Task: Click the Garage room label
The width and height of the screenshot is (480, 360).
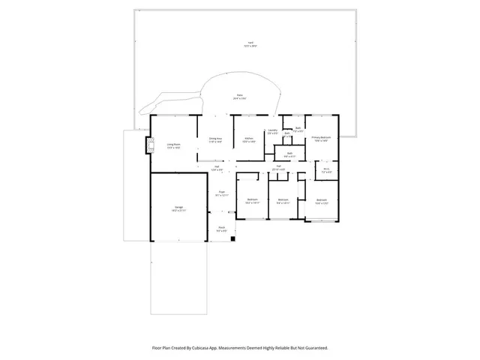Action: pos(179,207)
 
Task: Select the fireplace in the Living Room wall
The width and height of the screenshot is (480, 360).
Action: pos(147,146)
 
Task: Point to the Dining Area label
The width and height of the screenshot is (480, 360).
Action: pos(214,139)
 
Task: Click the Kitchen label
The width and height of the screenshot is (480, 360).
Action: pos(248,139)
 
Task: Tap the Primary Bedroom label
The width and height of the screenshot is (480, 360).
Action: pos(321,139)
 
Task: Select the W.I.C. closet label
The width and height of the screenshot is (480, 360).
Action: pos(326,170)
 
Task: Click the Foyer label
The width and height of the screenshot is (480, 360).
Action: pos(222,193)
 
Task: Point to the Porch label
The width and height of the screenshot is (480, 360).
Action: pos(222,229)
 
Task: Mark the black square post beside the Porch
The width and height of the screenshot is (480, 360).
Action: pos(233,239)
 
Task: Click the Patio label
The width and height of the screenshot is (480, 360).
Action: pos(239,96)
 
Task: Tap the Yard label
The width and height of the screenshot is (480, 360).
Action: pos(244,44)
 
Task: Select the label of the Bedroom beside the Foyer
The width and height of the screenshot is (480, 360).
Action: pos(252,200)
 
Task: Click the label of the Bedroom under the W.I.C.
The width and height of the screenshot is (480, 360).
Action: pos(321,200)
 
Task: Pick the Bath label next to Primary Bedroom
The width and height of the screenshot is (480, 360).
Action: pos(298,128)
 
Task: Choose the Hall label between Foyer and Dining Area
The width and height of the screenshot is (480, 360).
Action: pos(216,169)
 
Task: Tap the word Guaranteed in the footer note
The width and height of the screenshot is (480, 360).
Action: pos(311,347)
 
